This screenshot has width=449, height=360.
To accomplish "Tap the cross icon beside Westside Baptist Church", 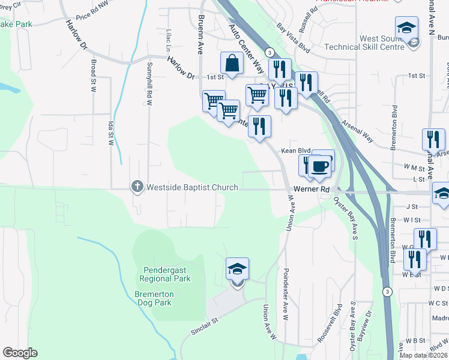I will pyautogui.click(x=137, y=187).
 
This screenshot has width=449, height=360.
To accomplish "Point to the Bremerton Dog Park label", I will pyautogui.click(x=154, y=299).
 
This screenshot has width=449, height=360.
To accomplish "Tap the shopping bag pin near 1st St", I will pyautogui.click(x=232, y=63).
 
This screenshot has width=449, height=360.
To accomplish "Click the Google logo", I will pyautogui.click(x=20, y=353).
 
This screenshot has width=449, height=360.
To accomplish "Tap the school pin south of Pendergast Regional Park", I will pyautogui.click(x=237, y=269).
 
